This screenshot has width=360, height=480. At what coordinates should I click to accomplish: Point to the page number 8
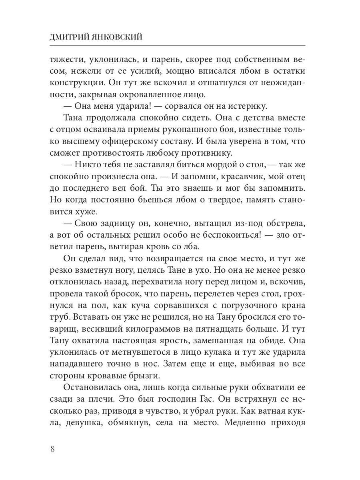(x=53, y=448)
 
